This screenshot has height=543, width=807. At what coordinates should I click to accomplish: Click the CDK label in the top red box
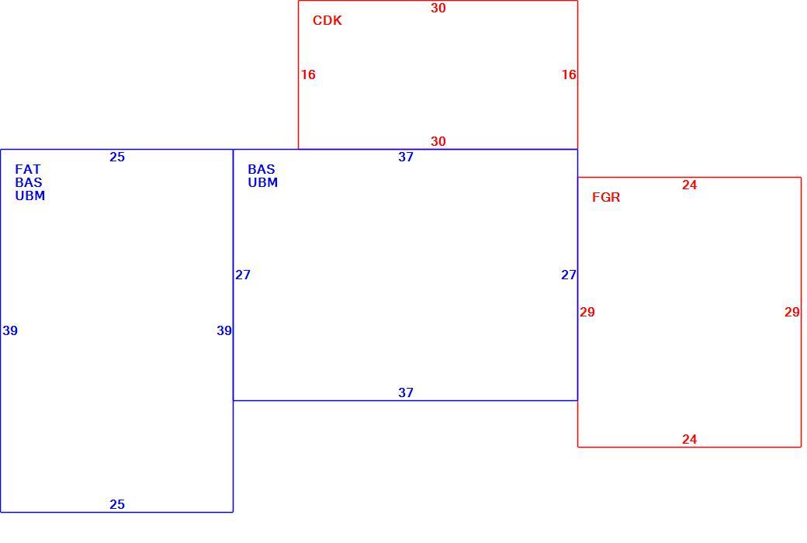pos(327,20)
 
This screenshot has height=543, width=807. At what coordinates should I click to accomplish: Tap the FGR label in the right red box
pos(606,197)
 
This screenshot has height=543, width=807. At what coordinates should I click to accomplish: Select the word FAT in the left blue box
pos(28,169)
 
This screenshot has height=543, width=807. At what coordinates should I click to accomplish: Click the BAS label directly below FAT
pos(29,183)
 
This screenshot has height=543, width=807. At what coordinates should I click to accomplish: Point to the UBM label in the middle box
pos(263,183)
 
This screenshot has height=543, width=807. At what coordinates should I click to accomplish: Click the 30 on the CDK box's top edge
pos(438,9)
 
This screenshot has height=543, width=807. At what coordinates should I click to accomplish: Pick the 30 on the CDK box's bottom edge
pos(438,141)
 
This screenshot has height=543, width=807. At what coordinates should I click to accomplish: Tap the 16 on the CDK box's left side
pos(308,75)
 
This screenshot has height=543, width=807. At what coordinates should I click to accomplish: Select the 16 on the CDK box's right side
pos(569,75)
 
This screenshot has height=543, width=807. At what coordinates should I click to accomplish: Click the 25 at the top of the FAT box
pos(117,157)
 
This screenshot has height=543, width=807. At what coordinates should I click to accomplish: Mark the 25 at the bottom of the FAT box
pos(117,504)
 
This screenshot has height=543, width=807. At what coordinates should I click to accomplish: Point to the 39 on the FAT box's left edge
pos(10,331)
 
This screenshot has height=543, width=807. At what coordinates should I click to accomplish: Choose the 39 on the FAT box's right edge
pos(224,331)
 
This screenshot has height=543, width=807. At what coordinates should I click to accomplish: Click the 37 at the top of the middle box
pos(406,157)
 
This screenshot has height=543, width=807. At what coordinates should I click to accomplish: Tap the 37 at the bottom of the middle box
pos(406,393)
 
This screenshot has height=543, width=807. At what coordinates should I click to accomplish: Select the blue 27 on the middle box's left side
pos(243,275)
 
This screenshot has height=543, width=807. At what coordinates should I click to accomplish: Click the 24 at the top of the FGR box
pos(690,185)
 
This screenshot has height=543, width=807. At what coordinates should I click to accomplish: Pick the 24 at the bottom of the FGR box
pos(690,440)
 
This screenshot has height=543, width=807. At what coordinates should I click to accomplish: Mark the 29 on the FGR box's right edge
pos(792,313)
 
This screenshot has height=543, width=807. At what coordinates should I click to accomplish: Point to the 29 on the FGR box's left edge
pos(587,313)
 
